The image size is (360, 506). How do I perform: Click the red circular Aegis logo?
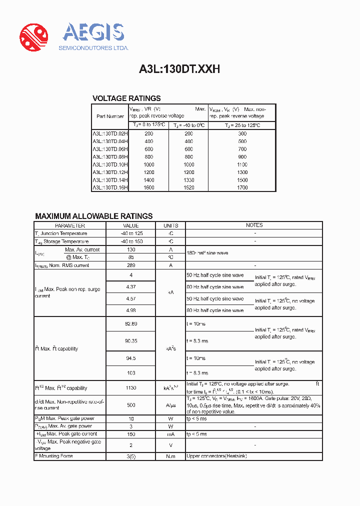pos(33,37)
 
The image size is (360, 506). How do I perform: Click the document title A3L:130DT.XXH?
pos(179,69)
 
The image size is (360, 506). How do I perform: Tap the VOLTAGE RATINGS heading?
pos(126,98)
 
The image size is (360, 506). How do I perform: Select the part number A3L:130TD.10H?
pos(110,164)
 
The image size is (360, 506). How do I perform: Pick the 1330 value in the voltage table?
pos(188,180)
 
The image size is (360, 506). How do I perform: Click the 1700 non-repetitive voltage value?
pos(242,188)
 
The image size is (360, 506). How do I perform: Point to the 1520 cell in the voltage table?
pos(188,188)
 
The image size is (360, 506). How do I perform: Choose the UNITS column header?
pos(170,225)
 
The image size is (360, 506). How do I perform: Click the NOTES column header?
pos(254,225)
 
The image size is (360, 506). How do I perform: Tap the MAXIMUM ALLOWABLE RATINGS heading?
pos(94,216)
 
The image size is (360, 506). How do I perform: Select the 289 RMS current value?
pos(131,265)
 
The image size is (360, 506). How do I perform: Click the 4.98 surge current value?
pos(131,310)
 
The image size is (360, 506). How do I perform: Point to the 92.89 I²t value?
pos(131,324)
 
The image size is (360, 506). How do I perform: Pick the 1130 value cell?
pos(131,388)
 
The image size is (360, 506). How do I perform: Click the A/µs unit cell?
pos(170,405)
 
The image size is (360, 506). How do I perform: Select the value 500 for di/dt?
pos(131,405)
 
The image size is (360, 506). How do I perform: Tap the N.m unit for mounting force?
pos(170,456)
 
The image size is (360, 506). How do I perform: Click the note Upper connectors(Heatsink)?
pos(216,456)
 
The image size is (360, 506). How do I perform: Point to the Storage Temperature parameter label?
pos(62,241)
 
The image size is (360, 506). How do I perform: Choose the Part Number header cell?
pos(110,116)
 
